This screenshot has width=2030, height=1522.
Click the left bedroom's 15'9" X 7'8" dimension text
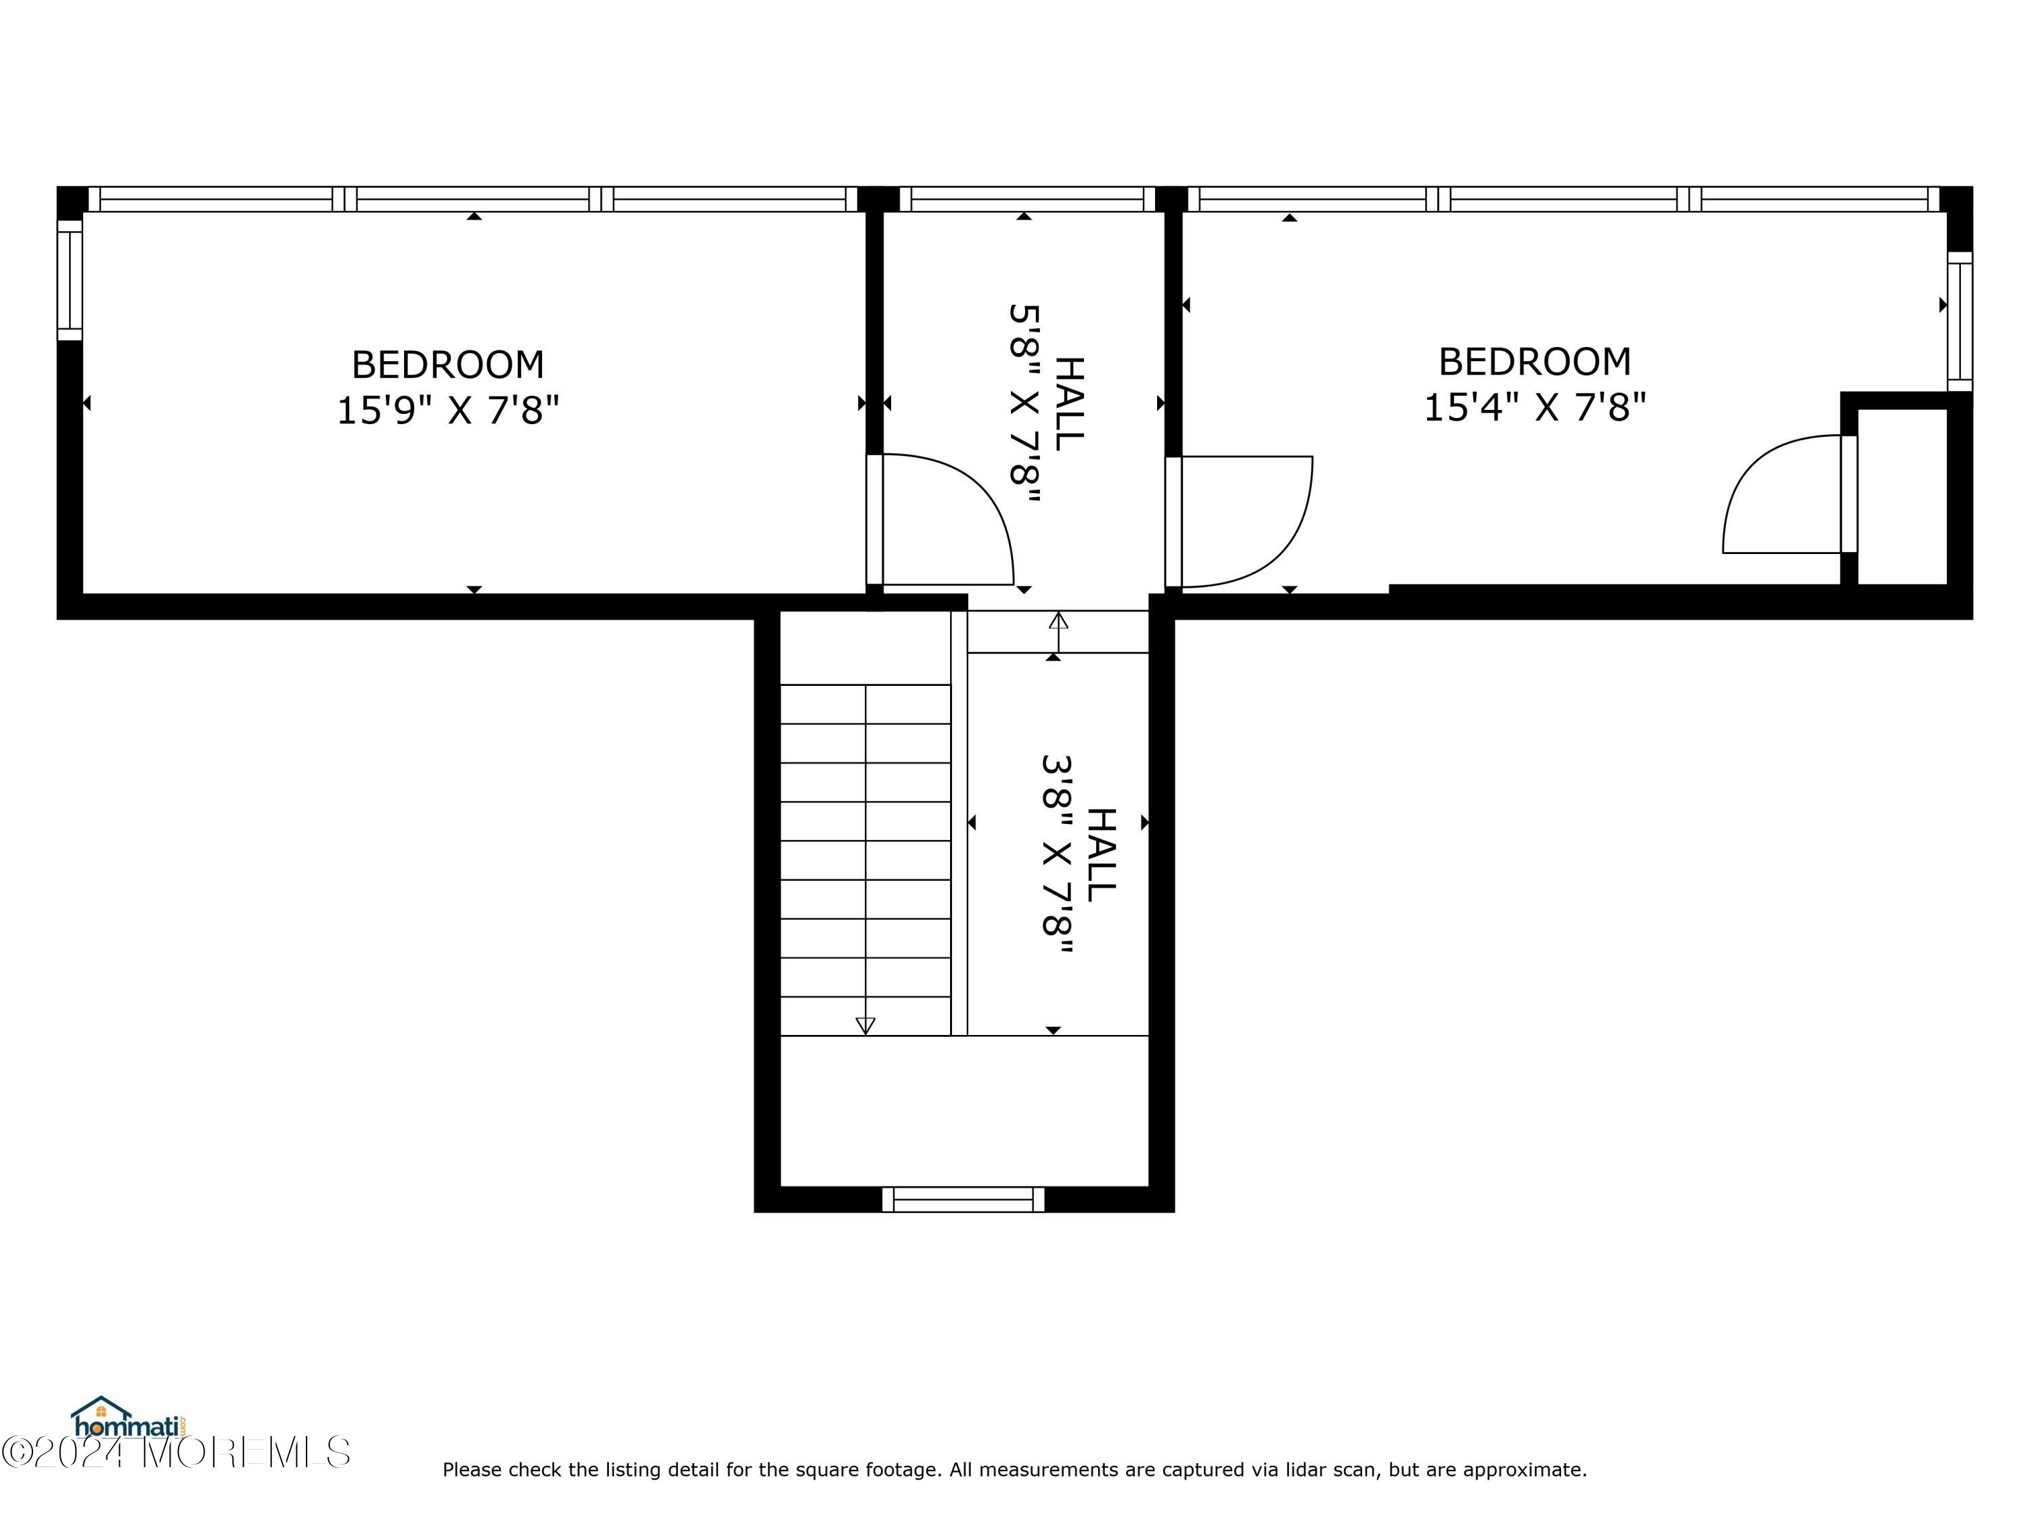448,410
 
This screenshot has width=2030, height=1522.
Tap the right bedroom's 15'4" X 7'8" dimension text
1535,407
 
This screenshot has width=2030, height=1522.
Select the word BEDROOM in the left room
448,365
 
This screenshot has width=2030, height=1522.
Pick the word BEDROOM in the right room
1535,361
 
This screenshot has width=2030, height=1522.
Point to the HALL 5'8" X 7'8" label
1047,404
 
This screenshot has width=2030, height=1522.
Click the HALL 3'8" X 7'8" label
1079,857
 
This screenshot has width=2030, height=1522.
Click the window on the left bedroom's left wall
70,280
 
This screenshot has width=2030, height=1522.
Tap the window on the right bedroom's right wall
1960,321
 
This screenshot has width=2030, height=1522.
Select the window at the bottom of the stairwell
963,1199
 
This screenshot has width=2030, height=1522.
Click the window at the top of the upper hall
1026,199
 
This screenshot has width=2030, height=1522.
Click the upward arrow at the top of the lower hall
1058,632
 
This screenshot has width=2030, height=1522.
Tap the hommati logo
129,1417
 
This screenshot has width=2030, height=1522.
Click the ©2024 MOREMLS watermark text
175,1452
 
